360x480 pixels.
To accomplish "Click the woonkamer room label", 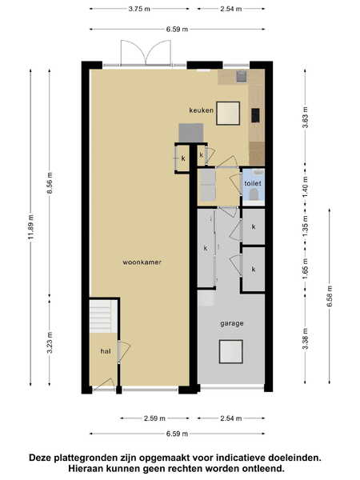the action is point(142,262).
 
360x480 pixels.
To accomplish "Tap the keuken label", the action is point(201,110).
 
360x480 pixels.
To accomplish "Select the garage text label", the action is point(232,323).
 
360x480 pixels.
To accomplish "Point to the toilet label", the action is point(253,183).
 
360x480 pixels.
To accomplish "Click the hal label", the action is point(106,351).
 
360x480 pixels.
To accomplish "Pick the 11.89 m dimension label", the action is point(30,227).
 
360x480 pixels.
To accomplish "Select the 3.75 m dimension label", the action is point(139,9).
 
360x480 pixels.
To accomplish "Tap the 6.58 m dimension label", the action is point(330,296).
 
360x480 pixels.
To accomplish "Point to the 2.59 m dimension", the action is point(154,418).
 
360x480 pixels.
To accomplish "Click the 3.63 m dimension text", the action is point(306,118).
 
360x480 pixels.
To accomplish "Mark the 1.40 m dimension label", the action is point(306,186).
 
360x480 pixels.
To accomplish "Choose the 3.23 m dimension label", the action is point(50,342).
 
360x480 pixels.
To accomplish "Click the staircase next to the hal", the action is point(103,316).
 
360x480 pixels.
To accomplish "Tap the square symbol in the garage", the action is point(231,351).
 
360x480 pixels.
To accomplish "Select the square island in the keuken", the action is point(228,114).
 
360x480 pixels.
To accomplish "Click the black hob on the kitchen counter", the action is point(256,115).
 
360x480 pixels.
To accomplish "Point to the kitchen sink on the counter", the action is point(241,77).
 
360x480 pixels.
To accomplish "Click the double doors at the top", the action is point(146,53).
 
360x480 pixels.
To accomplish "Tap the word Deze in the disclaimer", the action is point(40,458).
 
